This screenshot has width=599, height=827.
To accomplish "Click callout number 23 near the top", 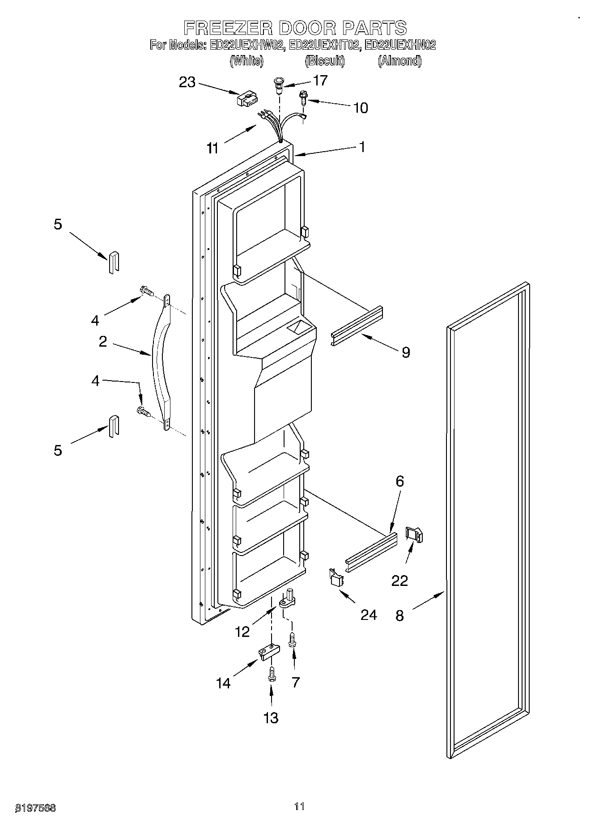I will coord(187,82).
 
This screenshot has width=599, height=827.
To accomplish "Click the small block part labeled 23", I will coord(246,99).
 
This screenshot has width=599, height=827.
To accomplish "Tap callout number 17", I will coord(320,81).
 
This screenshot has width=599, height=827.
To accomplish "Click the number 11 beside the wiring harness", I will coord(213,148).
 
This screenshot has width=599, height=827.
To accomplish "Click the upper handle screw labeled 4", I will coord(147,292).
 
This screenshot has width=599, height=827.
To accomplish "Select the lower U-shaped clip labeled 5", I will coord(114,425).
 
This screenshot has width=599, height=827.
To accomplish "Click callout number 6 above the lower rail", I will coord(399,481).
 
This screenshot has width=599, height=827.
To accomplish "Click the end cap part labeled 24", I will coord(336,577).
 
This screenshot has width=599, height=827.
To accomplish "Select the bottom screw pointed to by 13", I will coord(271,674).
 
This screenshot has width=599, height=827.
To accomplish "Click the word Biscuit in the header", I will coord(325,61).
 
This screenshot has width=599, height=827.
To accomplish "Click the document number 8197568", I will coord(36,808).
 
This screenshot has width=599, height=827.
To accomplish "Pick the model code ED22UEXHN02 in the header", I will coord(400,45).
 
